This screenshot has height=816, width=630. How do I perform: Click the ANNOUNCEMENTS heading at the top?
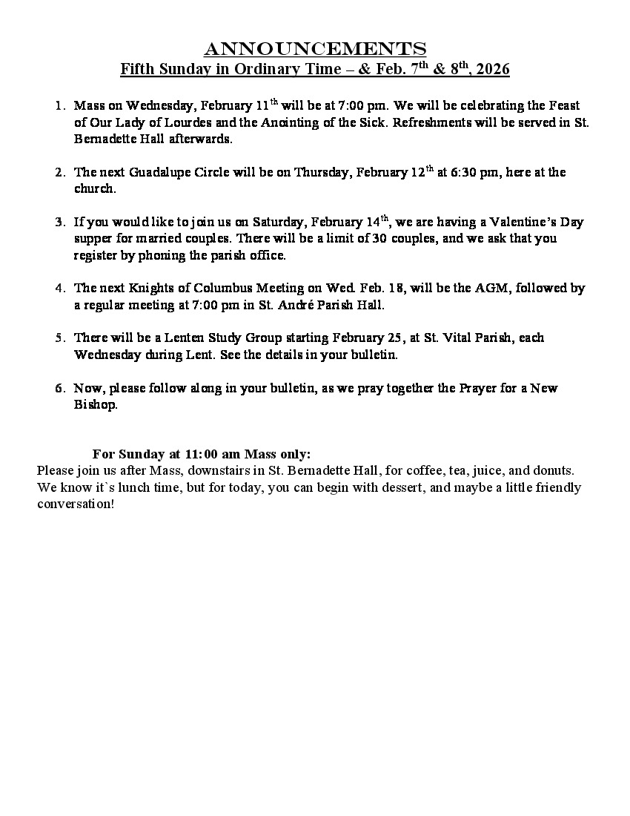(315, 50)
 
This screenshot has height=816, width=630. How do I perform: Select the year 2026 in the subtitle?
(493, 70)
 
